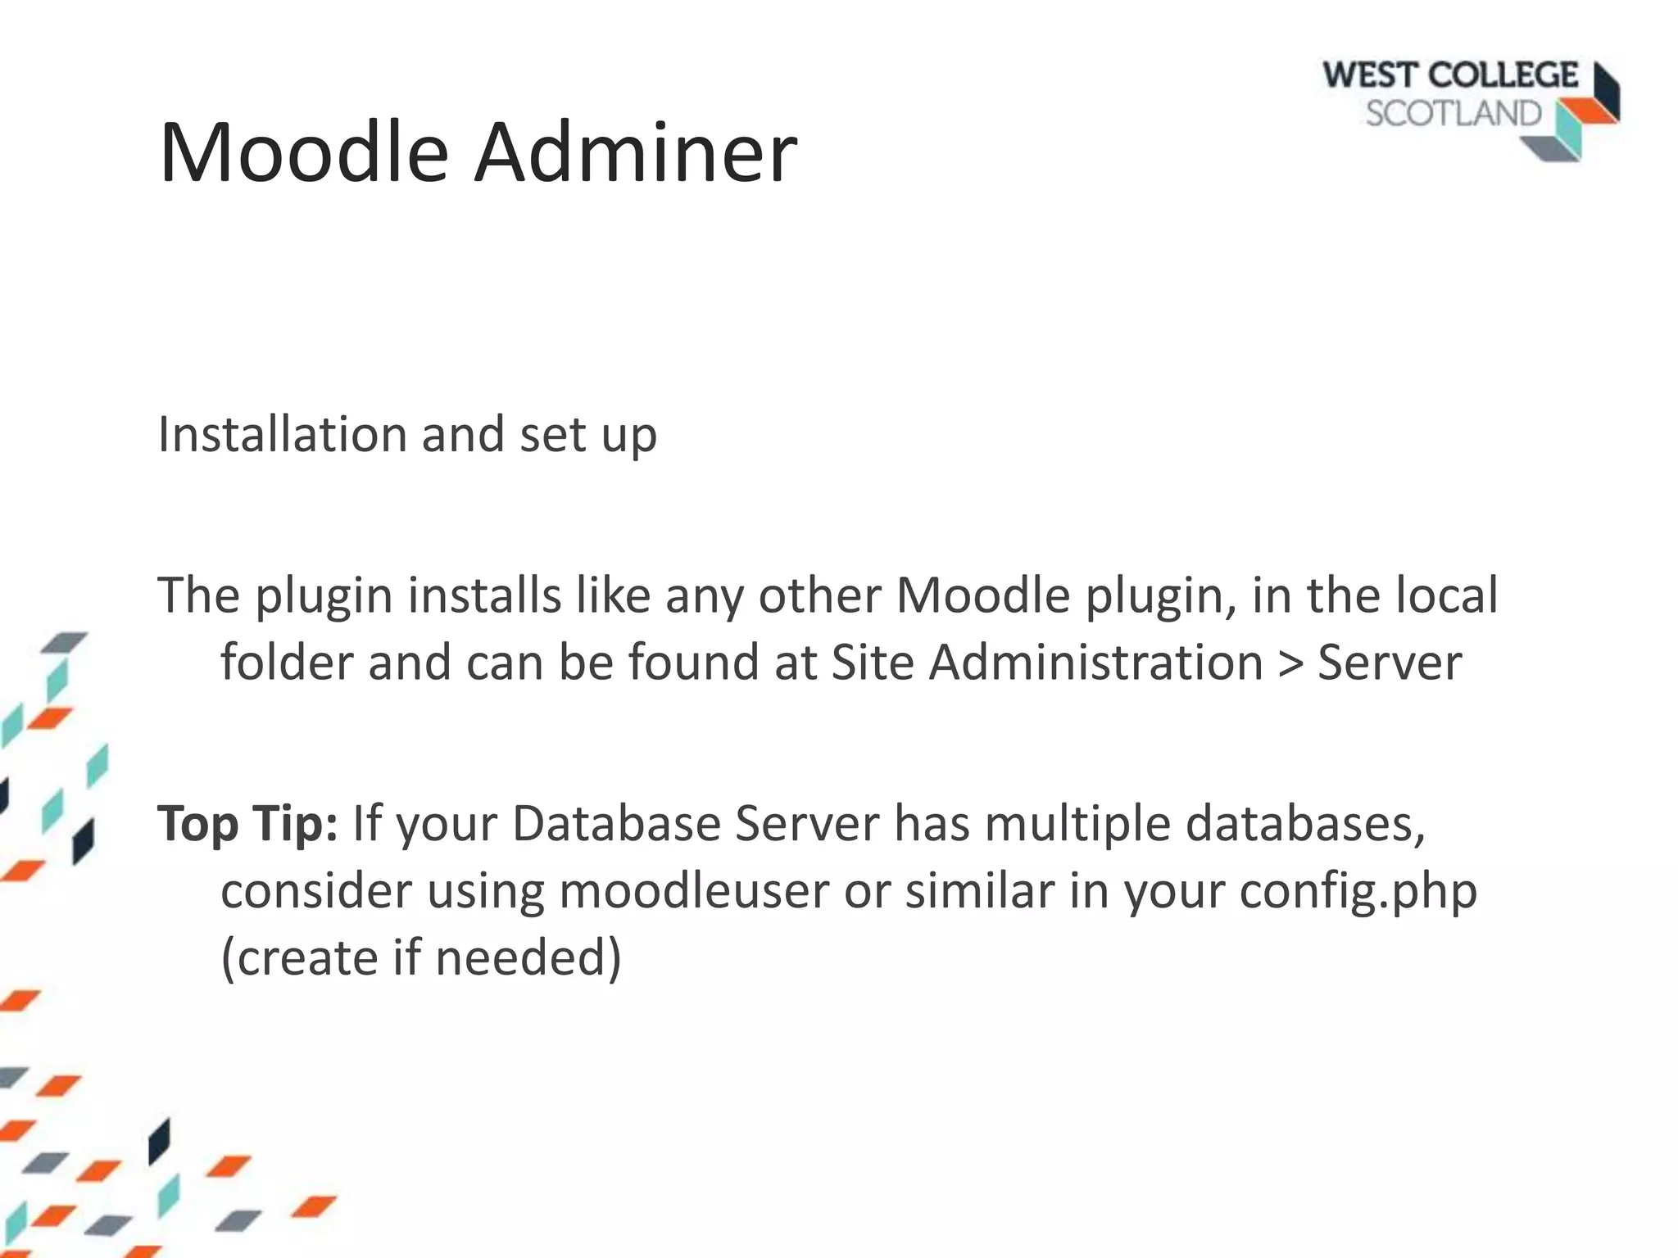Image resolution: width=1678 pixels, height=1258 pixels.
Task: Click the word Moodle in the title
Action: (x=304, y=152)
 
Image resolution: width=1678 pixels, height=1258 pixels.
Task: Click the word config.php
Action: (x=1358, y=892)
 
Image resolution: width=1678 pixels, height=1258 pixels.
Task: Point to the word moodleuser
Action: (x=694, y=890)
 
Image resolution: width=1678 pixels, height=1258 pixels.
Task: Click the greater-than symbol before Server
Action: (x=1290, y=663)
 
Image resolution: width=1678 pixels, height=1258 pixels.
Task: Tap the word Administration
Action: (x=1095, y=662)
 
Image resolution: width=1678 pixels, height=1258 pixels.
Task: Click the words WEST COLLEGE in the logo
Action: (x=1449, y=76)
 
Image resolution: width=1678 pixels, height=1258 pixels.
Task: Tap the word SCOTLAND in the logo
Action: (x=1454, y=114)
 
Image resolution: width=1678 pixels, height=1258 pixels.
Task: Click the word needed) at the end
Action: (x=528, y=957)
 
